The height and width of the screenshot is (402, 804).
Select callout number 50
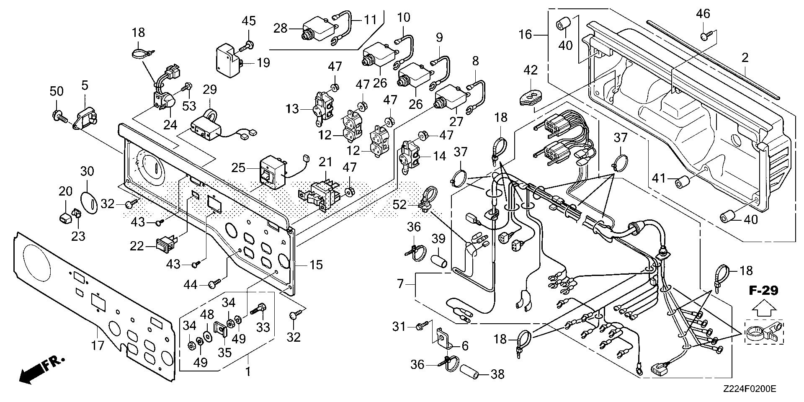pos(57,91)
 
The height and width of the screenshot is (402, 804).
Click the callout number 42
pos(531,70)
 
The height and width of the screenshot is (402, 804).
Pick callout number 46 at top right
pos(703,14)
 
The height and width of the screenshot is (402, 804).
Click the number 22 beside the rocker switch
pos(137,246)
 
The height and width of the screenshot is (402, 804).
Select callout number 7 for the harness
pos(401,285)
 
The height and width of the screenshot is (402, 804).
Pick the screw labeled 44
pos(214,285)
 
